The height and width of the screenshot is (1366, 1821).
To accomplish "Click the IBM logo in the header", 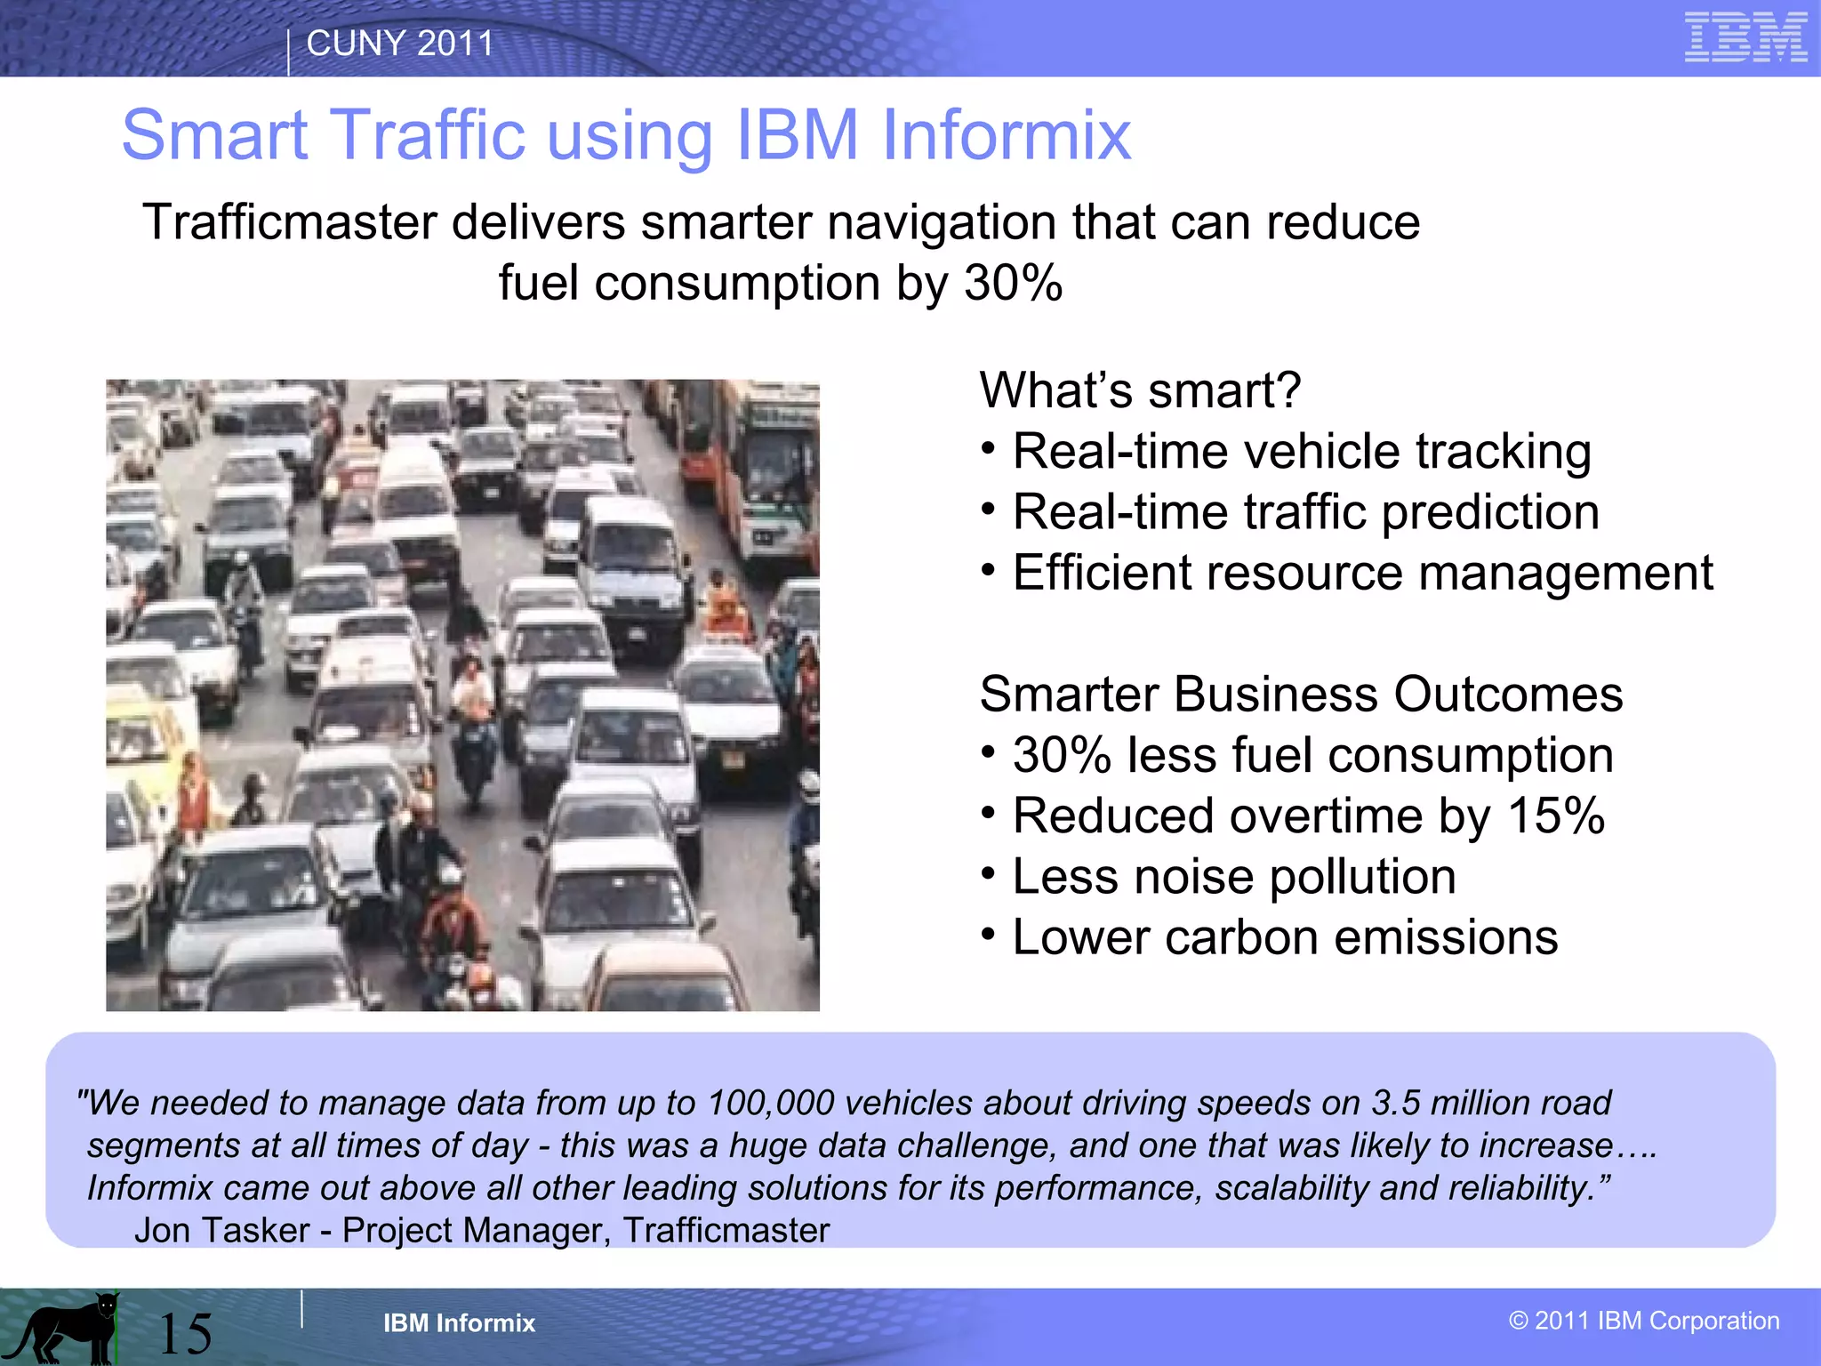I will click(x=1745, y=38).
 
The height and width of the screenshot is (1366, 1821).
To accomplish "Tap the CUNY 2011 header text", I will click(x=399, y=43).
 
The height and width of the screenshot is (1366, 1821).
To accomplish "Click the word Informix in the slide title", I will click(x=1006, y=135).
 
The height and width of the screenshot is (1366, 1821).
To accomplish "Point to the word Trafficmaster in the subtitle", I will click(x=289, y=221).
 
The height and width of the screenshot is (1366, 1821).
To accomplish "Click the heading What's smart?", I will click(x=1140, y=390).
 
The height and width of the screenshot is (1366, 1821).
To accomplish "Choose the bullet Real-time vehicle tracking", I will click(x=1301, y=451).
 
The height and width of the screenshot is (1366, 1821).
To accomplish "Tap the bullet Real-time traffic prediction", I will click(x=1305, y=512).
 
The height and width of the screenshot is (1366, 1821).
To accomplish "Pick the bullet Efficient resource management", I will click(x=1362, y=573).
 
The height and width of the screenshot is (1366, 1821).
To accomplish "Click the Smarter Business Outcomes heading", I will click(x=1301, y=694).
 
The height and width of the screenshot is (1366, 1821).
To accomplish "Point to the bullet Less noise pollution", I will click(x=1234, y=877).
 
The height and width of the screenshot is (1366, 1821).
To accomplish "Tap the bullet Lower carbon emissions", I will click(x=1285, y=937).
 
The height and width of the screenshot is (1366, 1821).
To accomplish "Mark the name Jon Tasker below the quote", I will click(x=221, y=1230).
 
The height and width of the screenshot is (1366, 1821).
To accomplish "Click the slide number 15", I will click(x=185, y=1333).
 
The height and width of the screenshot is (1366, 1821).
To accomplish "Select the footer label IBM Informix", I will click(x=459, y=1323).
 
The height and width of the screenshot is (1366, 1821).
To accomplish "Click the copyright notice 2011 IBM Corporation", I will click(x=1644, y=1321).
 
